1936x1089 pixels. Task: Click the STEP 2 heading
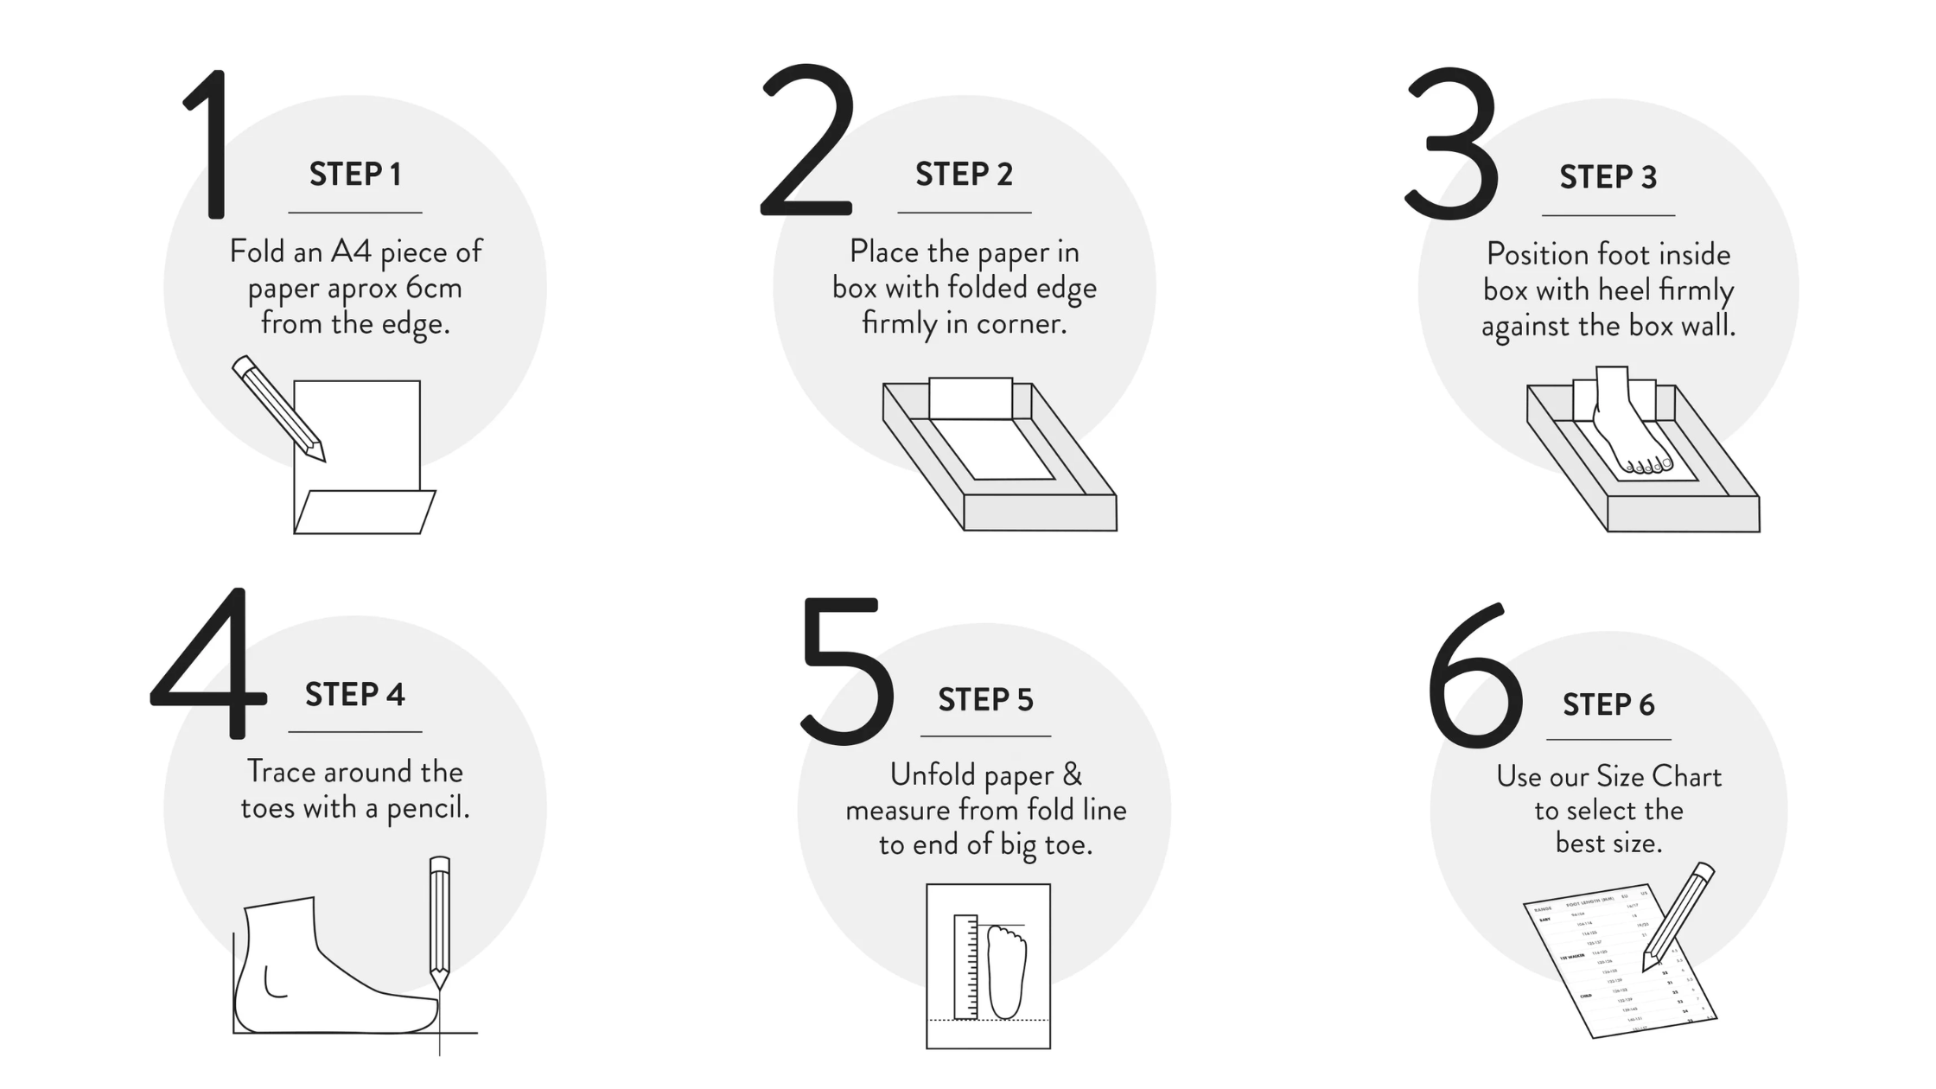coord(964,175)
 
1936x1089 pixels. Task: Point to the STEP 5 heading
coord(985,700)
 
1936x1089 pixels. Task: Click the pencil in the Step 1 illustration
coord(277,407)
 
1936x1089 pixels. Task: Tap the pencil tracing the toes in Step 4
coord(440,921)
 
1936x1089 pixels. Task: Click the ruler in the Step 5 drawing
coord(965,966)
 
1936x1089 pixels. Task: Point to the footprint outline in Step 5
coord(1007,971)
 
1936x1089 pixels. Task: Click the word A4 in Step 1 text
coord(351,252)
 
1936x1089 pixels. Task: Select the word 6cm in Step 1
coord(434,288)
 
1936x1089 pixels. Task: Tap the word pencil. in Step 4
coord(428,808)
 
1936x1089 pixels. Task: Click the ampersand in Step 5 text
coord(1072,774)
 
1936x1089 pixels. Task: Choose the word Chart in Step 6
coord(1686,776)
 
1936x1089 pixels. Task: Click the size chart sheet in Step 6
coord(1608,964)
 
